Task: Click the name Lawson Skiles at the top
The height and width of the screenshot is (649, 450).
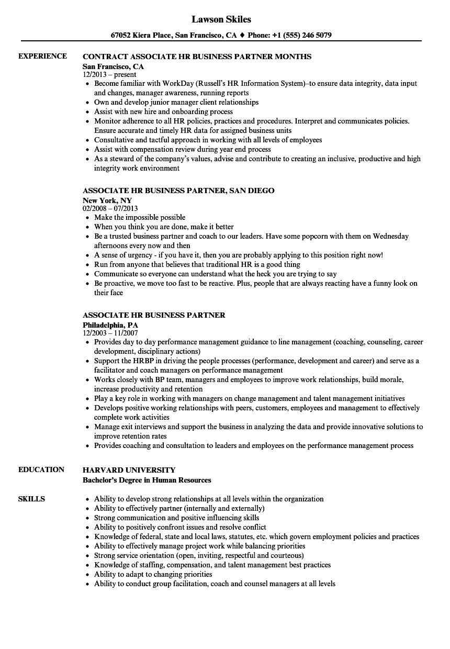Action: click(221, 19)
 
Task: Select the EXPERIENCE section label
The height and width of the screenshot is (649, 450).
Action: click(42, 56)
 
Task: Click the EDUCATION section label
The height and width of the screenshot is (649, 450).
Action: click(41, 469)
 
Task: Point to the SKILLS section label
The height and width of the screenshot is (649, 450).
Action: click(31, 499)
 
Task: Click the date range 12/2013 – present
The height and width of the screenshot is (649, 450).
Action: click(109, 75)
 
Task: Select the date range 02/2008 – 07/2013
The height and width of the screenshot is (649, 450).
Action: click(110, 208)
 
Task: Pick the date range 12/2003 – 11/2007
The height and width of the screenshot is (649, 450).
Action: click(110, 333)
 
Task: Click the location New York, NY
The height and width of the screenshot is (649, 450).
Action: click(107, 200)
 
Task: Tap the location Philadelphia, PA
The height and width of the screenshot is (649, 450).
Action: click(110, 325)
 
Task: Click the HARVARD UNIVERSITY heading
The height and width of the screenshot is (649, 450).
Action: click(129, 469)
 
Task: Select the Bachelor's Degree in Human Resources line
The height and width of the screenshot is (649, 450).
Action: click(147, 480)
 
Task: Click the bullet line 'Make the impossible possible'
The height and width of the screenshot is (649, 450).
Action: click(140, 218)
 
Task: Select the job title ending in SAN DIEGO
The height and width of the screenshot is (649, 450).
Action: click(178, 191)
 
